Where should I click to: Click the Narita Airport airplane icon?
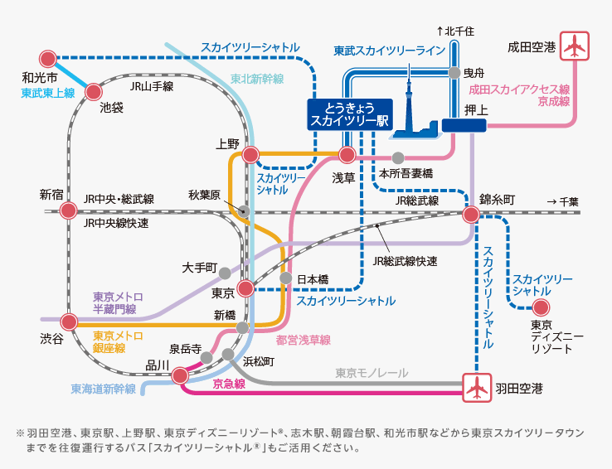[x=574, y=46]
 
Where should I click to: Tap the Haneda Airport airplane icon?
[x=477, y=387]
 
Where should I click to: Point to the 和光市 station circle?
[x=48, y=60]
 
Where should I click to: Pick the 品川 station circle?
[x=180, y=375]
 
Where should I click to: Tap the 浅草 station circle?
[x=347, y=155]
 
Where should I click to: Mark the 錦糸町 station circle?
[x=471, y=215]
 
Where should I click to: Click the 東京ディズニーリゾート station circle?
[x=541, y=307]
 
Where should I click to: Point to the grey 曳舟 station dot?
[x=454, y=73]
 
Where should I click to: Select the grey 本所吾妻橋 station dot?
[x=398, y=157]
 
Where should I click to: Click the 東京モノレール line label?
[x=371, y=373]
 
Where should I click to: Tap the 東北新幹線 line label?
[x=257, y=79]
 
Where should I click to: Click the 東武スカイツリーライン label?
[x=390, y=51]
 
